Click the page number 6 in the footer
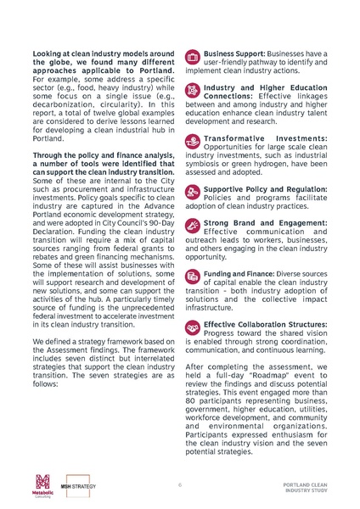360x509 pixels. point(180,484)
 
